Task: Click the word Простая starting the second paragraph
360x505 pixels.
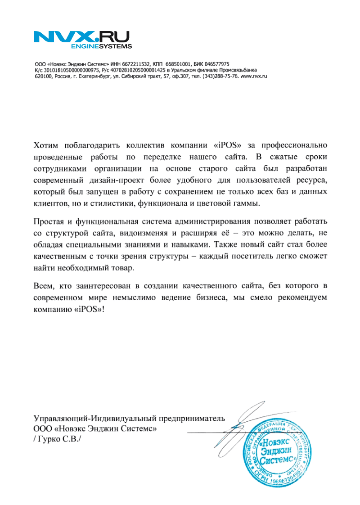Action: pos(49,222)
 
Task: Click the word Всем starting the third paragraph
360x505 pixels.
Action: pos(44,286)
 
